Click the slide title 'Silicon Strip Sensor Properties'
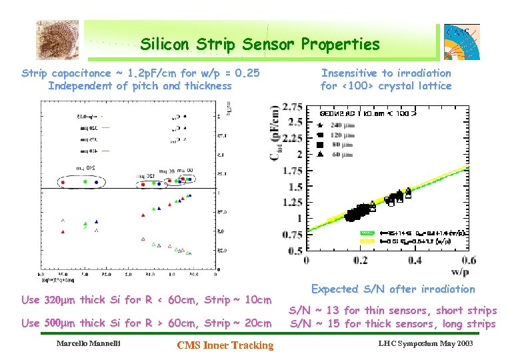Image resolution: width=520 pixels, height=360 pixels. [x=259, y=45]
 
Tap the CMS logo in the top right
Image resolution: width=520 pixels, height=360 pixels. [x=461, y=43]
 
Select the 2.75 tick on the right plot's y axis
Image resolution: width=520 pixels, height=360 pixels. [x=292, y=107]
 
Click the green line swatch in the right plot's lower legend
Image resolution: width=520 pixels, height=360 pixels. [x=368, y=233]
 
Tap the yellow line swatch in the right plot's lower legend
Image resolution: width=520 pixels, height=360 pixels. [x=368, y=241]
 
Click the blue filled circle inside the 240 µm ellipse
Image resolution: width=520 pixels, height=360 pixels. [x=97, y=181]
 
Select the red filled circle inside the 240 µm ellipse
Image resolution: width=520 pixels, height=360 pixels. [x=63, y=181]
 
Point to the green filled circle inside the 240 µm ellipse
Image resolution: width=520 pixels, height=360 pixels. [x=85, y=181]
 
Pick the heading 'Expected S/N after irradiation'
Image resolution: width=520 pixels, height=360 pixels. [x=393, y=289]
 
